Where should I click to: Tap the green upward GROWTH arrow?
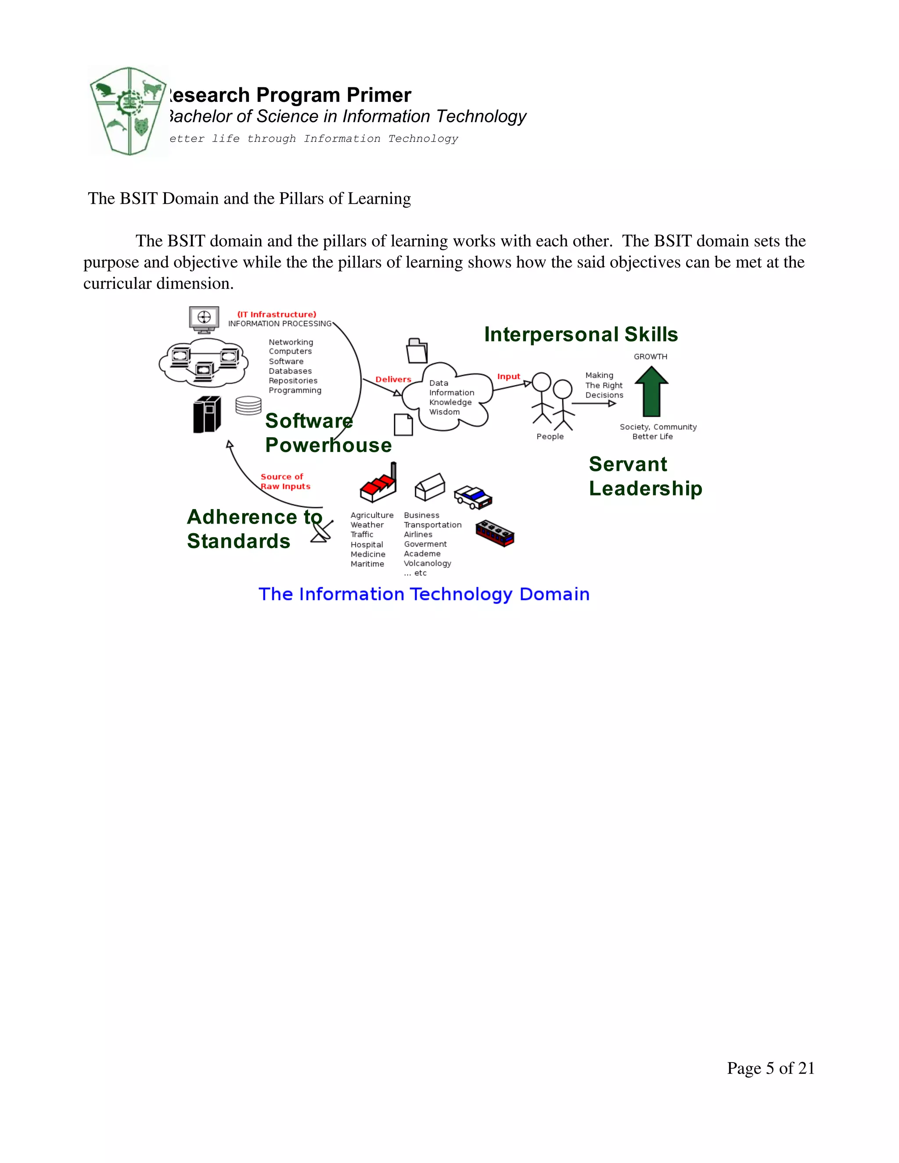[651, 392]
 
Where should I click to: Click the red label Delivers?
[393, 379]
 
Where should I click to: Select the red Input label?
[509, 377]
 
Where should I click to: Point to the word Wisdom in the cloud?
[444, 412]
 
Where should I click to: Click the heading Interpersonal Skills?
[580, 334]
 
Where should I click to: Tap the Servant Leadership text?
[645, 476]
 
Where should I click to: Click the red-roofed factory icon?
[378, 484]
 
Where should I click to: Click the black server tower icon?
[207, 415]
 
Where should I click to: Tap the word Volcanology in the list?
[427, 563]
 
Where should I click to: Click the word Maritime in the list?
[367, 564]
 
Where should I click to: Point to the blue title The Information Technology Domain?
[424, 594]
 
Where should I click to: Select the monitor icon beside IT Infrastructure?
[204, 319]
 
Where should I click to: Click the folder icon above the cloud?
[417, 351]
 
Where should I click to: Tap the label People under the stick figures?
[550, 436]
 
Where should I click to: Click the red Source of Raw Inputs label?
[285, 481]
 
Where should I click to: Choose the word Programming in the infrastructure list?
[295, 390]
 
